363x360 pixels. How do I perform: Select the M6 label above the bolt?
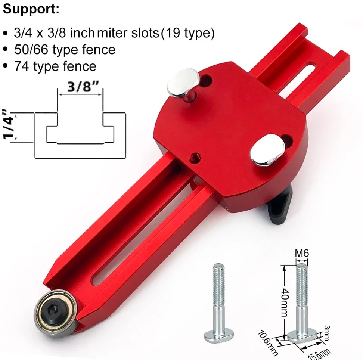[302, 253]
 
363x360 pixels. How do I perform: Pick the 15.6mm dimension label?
[320, 354]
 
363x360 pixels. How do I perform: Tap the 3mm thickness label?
[327, 333]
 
